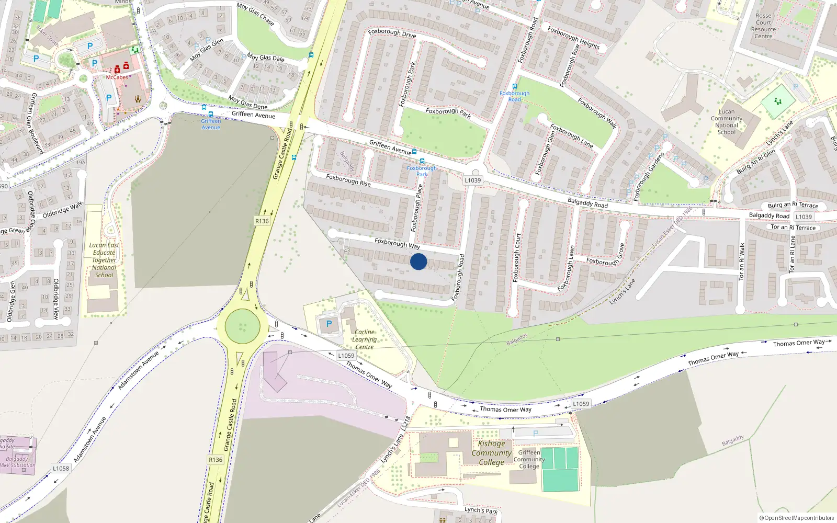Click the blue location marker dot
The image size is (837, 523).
(x=418, y=261)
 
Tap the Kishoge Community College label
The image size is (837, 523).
(x=491, y=453)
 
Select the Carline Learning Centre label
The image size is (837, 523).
(x=364, y=339)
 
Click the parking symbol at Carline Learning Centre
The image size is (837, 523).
(x=329, y=324)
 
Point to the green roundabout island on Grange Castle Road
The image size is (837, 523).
(x=242, y=326)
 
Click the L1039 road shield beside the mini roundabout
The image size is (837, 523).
(x=472, y=180)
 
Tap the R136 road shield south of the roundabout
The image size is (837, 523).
(x=216, y=460)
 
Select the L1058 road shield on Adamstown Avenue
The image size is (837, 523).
(x=61, y=468)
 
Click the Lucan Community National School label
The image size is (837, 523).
(x=727, y=122)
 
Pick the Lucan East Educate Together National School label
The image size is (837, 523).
(x=104, y=260)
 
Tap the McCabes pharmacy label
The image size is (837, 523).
(x=117, y=77)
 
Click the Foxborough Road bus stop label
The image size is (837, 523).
(x=514, y=96)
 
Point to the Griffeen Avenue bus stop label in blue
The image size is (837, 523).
(x=211, y=124)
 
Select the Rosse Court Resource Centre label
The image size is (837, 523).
(x=763, y=26)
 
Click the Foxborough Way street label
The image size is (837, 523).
(x=397, y=243)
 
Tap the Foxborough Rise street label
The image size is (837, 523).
(x=348, y=180)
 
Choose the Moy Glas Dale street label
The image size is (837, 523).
(x=265, y=58)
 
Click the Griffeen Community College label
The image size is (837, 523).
(x=529, y=459)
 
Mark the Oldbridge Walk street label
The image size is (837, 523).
(x=62, y=210)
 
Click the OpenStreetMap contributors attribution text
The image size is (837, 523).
(x=797, y=518)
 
